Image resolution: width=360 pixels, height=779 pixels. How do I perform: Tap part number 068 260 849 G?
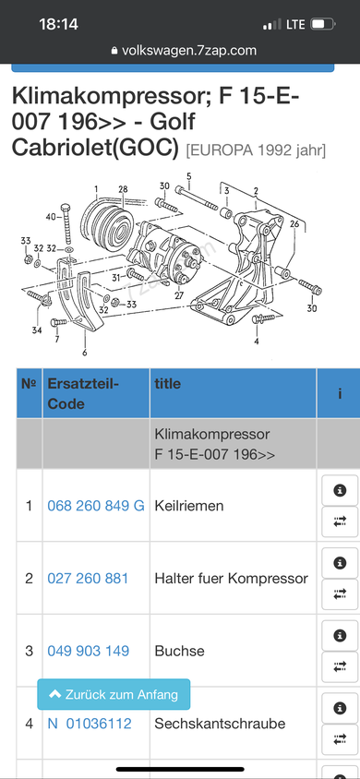pyautogui.click(x=96, y=506)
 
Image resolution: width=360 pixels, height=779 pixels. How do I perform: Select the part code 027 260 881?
pyautogui.click(x=88, y=579)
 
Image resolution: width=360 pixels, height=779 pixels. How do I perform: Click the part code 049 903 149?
pyautogui.click(x=89, y=651)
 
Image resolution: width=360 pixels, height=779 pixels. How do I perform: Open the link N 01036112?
pyautogui.click(x=90, y=724)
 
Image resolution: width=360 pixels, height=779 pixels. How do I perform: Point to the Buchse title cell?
pyautogui.click(x=180, y=651)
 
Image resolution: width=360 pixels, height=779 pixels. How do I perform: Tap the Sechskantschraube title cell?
pyautogui.click(x=220, y=724)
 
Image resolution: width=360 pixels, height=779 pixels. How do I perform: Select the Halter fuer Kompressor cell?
pyautogui.click(x=232, y=579)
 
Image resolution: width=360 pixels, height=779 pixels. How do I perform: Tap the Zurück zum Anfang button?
pyautogui.click(x=114, y=694)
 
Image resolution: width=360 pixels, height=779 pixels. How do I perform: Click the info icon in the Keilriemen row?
pyautogui.click(x=340, y=490)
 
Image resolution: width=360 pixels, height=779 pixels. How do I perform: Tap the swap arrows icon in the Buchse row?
pyautogui.click(x=340, y=666)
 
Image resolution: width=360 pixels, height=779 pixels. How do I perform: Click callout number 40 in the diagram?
pyautogui.click(x=51, y=217)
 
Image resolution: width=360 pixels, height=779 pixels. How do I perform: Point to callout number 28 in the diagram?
pyautogui.click(x=123, y=189)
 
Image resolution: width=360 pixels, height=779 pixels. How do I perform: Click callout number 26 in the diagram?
pyautogui.click(x=294, y=224)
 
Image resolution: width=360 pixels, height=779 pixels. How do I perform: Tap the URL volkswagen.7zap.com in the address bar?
pyautogui.click(x=188, y=50)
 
